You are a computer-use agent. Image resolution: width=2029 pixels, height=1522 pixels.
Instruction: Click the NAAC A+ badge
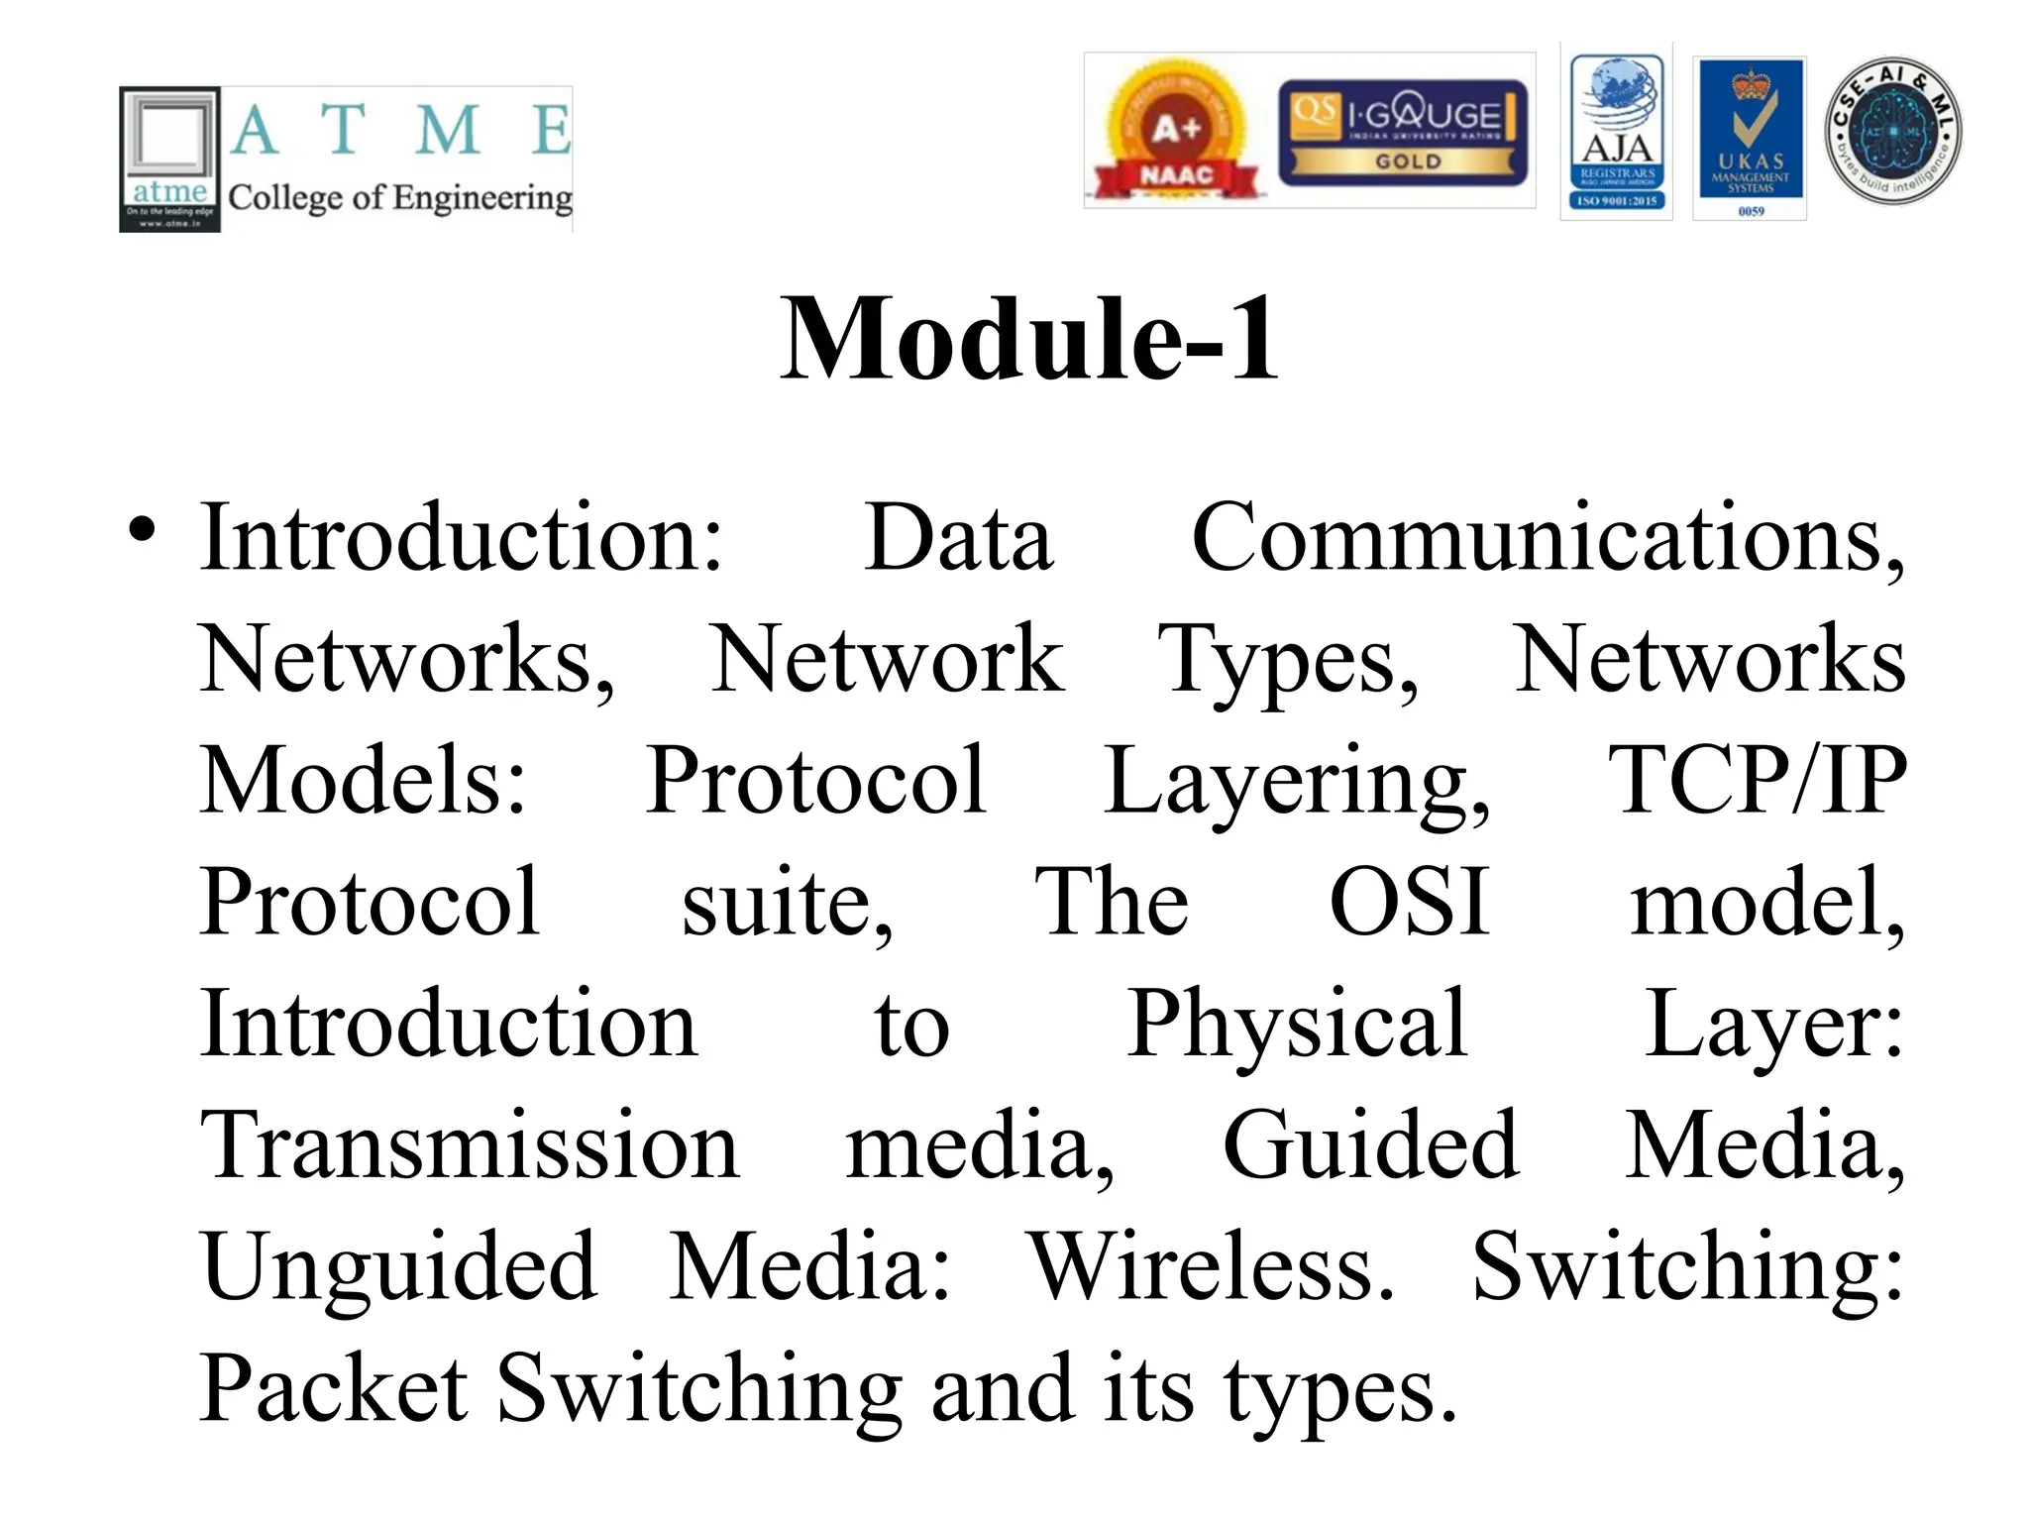pos(1176,132)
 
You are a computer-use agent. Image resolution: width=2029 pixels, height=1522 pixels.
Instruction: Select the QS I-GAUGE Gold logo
pos(1403,133)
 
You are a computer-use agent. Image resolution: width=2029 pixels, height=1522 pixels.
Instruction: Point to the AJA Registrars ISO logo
pos(1616,132)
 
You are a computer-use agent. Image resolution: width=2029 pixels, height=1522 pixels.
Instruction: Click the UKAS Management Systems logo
pos(1750,138)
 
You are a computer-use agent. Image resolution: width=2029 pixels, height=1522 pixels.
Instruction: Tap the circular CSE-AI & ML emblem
pos(1892,131)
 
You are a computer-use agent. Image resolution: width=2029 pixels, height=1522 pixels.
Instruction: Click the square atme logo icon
pos(169,160)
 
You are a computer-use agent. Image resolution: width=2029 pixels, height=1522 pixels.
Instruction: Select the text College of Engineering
pos(400,197)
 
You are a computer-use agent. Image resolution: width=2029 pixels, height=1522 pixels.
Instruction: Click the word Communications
pos(1547,538)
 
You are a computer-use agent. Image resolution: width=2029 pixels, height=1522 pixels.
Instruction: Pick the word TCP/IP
pos(1757,781)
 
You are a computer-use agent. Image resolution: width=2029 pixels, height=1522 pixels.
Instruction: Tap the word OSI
pos(1409,902)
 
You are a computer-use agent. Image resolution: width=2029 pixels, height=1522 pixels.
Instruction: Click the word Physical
pos(1297,1025)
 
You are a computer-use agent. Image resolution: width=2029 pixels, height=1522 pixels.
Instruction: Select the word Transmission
pos(470,1145)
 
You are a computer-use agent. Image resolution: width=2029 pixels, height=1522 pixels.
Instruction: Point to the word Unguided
pos(399,1267)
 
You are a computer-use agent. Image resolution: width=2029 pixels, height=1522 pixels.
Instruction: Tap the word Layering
pos(1297,783)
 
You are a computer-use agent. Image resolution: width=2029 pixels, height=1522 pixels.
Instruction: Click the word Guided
pos(1370,1145)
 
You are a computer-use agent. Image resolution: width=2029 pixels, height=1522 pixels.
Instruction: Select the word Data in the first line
pos(958,538)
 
